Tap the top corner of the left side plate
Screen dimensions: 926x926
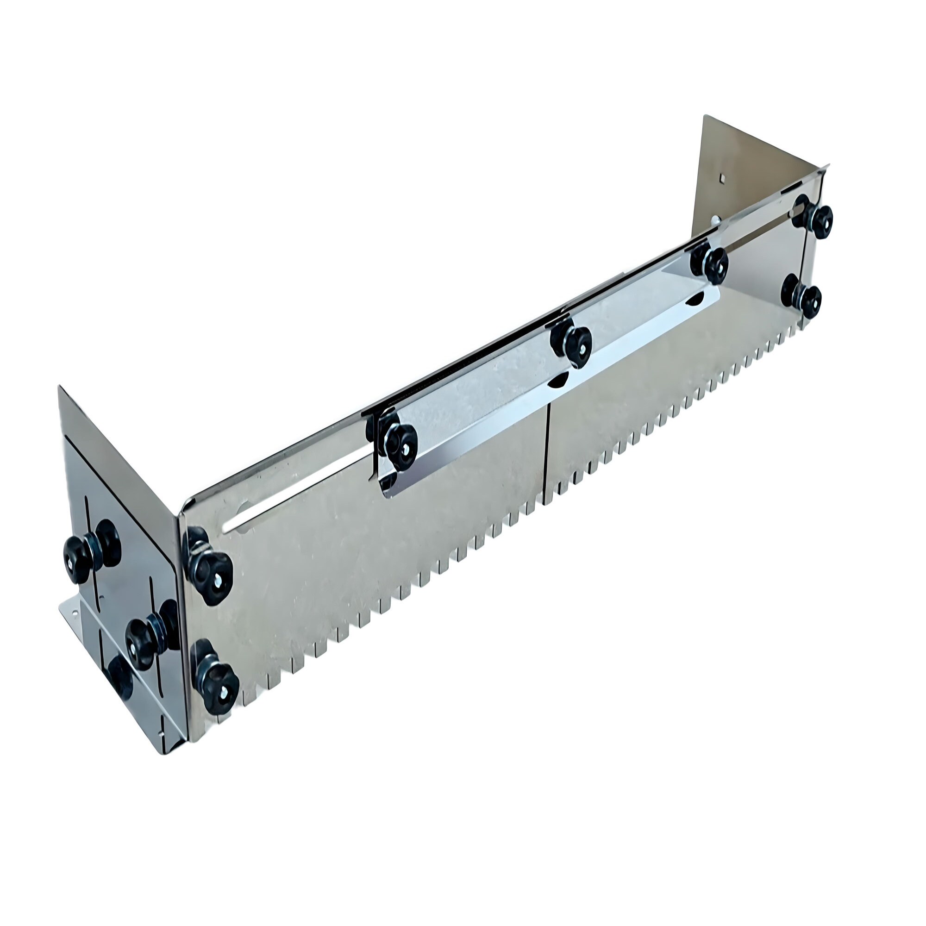tap(59, 387)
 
